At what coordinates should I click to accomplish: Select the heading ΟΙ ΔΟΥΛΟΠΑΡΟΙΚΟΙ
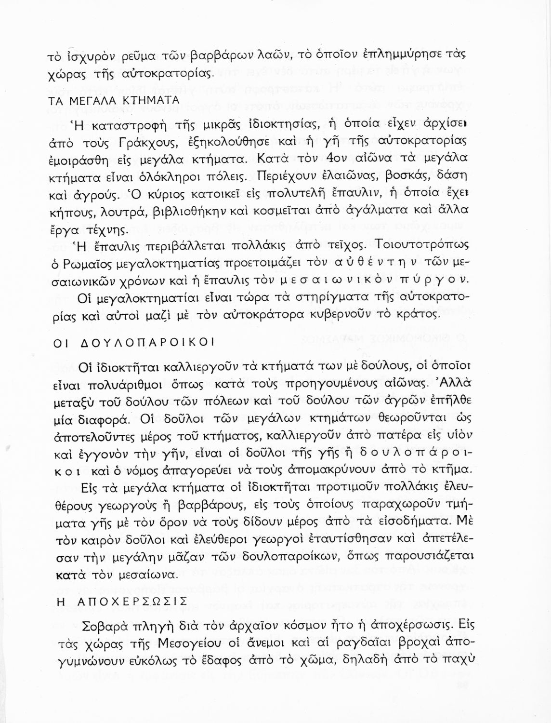132,342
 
